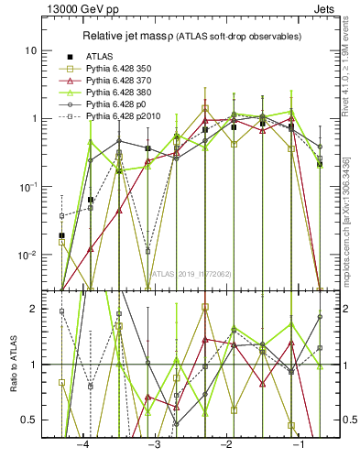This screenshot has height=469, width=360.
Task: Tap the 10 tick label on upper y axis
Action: [30, 50]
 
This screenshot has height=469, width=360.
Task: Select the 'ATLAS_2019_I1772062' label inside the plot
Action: [191, 273]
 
